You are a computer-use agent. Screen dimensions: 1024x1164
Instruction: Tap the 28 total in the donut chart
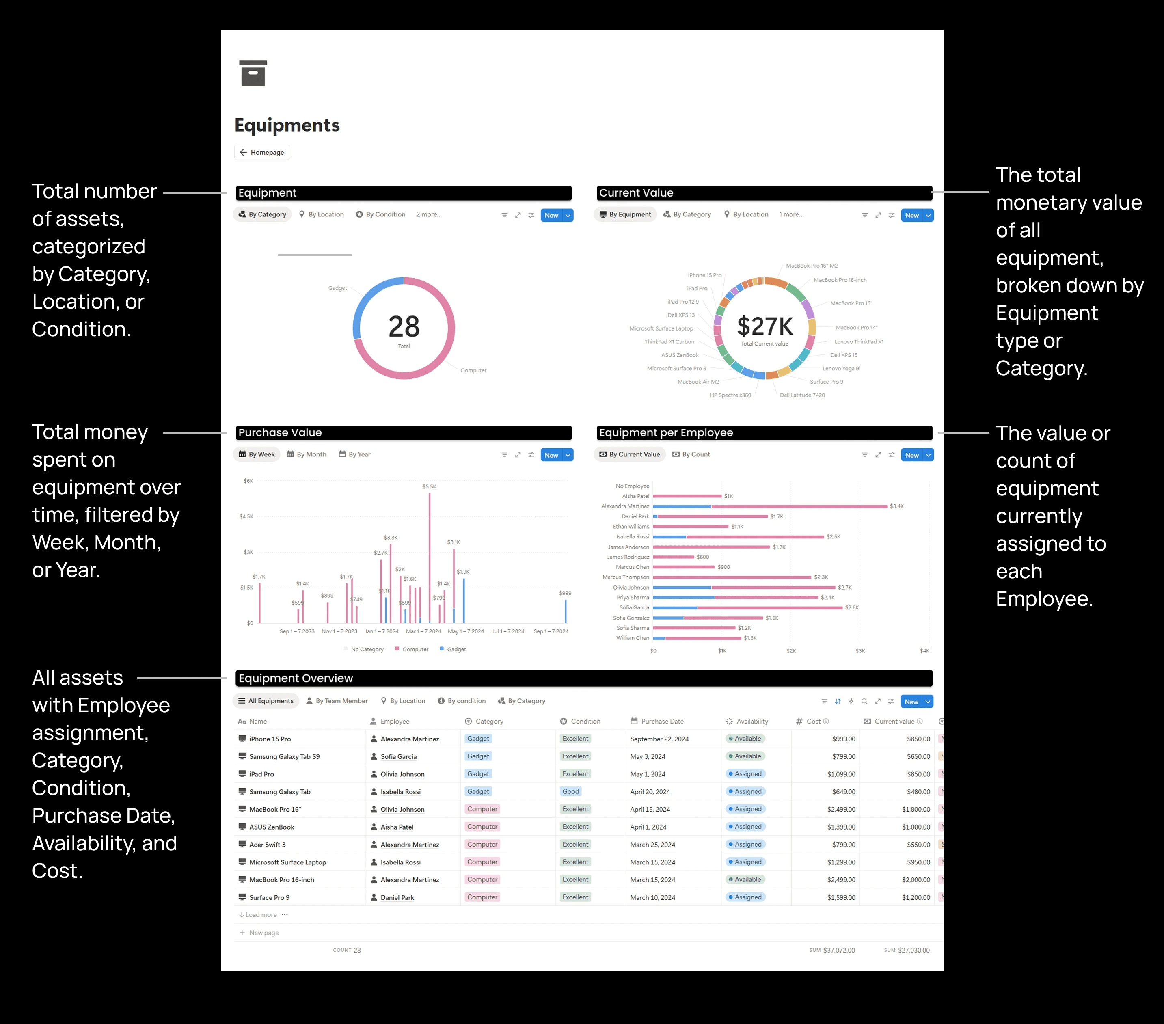pyautogui.click(x=404, y=327)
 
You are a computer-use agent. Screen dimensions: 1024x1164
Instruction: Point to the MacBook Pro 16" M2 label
pyautogui.click(x=812, y=266)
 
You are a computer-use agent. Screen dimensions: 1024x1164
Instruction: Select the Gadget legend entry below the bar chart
pyautogui.click(x=456, y=649)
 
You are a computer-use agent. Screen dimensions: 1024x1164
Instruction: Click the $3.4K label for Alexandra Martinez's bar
pyautogui.click(x=896, y=506)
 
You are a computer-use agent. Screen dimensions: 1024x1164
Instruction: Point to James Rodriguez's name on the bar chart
pyautogui.click(x=628, y=557)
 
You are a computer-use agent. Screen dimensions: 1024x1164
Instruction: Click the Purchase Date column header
pyautogui.click(x=662, y=722)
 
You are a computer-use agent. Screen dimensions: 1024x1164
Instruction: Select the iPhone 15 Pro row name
pyautogui.click(x=270, y=739)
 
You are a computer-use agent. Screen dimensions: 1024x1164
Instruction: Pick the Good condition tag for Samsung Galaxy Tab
pyautogui.click(x=570, y=792)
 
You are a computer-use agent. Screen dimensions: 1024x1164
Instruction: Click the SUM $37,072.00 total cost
pyautogui.click(x=838, y=951)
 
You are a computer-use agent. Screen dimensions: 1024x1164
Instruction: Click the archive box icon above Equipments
pyautogui.click(x=253, y=73)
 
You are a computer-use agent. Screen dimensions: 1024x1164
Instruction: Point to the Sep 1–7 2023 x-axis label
pyautogui.click(x=297, y=632)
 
